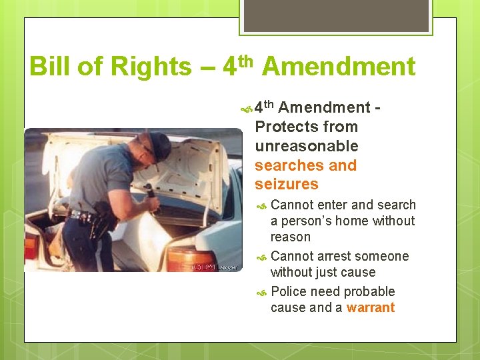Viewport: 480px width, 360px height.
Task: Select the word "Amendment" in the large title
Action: [338, 67]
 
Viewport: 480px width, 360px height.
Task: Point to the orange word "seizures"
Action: [287, 184]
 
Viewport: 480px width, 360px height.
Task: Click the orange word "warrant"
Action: [371, 307]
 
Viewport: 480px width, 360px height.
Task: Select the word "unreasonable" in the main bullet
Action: [307, 146]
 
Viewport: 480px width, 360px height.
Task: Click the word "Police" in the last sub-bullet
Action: [291, 291]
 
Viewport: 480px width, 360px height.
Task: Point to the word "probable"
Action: [370, 291]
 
